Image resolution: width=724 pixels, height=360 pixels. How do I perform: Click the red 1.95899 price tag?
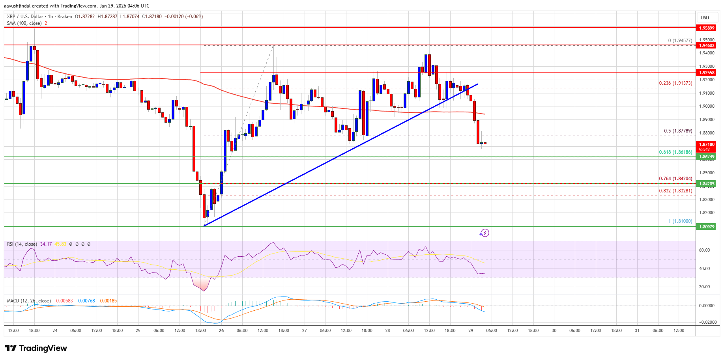[707, 28]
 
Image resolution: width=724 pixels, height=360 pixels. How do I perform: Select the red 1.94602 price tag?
[707, 45]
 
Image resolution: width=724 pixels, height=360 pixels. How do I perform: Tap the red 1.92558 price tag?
[707, 73]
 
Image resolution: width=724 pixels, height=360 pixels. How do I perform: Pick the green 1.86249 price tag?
[707, 157]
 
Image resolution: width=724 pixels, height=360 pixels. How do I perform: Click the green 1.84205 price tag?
[707, 184]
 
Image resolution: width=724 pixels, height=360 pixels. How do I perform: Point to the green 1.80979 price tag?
[707, 227]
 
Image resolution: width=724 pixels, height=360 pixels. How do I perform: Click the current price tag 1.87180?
[707, 145]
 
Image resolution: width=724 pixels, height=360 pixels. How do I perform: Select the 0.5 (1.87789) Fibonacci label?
[678, 131]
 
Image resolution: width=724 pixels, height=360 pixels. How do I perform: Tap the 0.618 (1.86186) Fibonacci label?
[675, 152]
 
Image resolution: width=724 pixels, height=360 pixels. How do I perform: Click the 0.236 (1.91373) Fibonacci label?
[675, 83]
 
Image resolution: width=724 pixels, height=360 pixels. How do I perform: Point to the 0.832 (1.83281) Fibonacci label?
[675, 191]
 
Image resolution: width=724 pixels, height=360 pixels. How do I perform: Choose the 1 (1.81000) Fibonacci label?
[680, 221]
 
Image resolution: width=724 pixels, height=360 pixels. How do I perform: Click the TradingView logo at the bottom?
[36, 348]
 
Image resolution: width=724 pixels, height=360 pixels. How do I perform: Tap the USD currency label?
[705, 18]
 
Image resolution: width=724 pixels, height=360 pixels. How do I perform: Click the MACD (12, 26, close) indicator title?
[29, 301]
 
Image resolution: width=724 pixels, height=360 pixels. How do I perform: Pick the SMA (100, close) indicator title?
[24, 23]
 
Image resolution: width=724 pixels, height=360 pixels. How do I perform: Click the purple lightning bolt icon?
[484, 233]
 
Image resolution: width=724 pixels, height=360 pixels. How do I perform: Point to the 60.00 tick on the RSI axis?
[704, 250]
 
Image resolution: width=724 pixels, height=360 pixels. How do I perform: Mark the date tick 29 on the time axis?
[471, 330]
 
